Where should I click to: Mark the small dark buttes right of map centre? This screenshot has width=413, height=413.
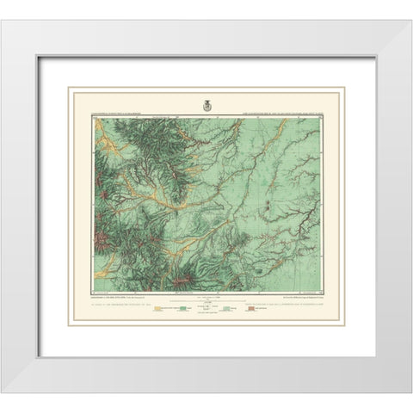(274, 206)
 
